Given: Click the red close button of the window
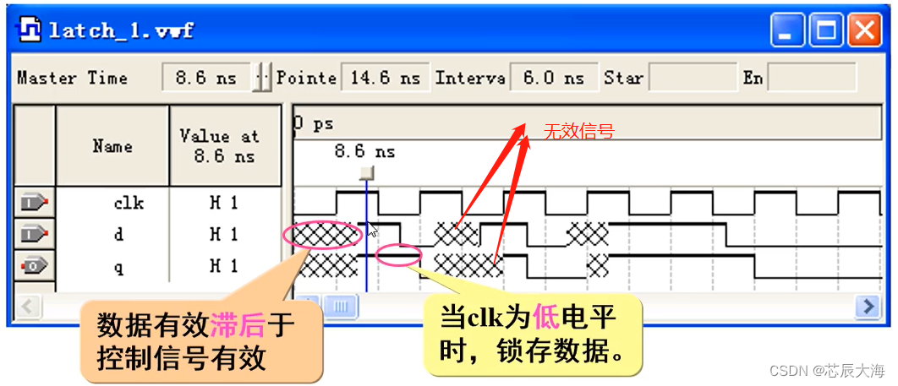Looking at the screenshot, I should (x=864, y=32).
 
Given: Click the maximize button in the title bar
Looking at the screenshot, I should (x=825, y=32).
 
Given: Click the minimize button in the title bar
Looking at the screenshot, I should (x=787, y=32).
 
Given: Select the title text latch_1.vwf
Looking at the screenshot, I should (x=121, y=31).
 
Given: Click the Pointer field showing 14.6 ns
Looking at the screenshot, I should (x=385, y=79).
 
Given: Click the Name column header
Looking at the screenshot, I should (x=112, y=146).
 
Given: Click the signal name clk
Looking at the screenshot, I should (x=129, y=204).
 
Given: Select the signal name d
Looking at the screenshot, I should (x=118, y=235).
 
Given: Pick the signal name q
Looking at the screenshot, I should (x=118, y=266).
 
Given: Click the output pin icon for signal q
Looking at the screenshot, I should (x=35, y=266).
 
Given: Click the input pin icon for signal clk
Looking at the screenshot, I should (x=35, y=204).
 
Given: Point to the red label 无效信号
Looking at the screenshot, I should (x=578, y=132).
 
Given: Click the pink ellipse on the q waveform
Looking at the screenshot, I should (x=398, y=255).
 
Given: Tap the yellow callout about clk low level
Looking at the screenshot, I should (x=531, y=334).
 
